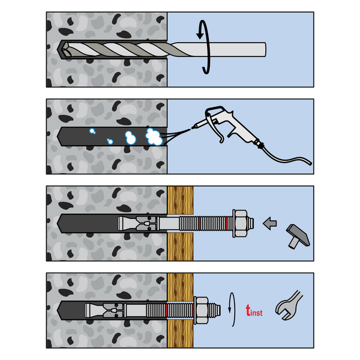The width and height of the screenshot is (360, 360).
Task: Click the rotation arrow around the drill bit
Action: pos(205,47)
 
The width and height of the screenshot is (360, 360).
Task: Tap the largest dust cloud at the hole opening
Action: pos(154,137)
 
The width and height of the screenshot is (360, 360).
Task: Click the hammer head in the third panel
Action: pos(298,234)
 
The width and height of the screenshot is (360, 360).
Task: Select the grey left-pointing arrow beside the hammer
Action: pos(270,223)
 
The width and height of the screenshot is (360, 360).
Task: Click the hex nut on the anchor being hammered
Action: pos(241,223)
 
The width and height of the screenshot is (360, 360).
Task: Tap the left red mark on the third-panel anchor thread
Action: pos(199,223)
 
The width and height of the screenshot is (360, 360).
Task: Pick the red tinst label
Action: pos(254,311)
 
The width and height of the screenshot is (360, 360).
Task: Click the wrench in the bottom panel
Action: pos(289,305)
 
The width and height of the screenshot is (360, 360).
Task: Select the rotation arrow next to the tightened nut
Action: pos(232,309)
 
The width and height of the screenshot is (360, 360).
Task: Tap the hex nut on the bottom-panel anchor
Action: pos(202,310)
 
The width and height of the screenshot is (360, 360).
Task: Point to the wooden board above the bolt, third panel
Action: pos(181,200)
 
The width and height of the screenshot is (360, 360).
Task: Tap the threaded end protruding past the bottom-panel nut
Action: pos(214,310)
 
